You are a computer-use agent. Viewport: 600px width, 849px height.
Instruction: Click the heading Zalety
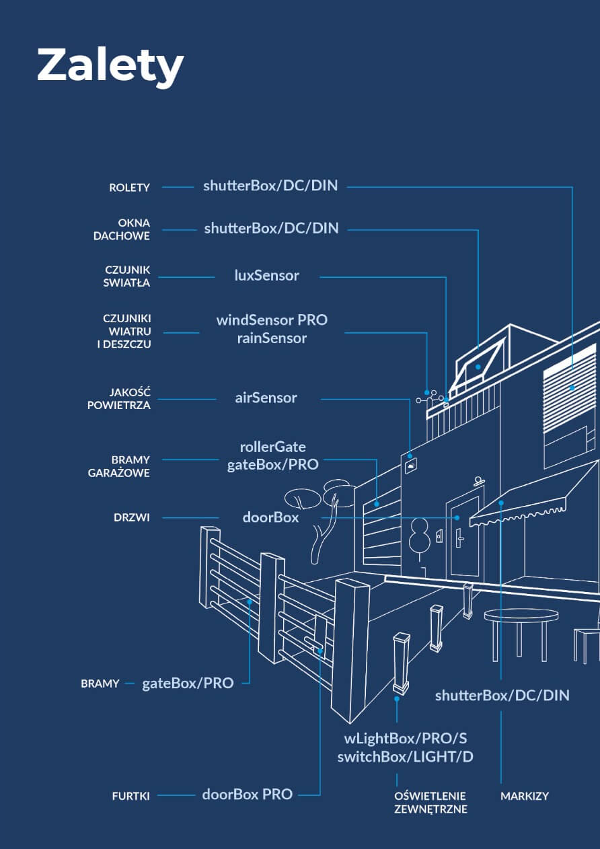click(x=110, y=65)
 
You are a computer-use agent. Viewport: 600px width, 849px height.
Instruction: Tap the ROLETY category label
click(x=129, y=188)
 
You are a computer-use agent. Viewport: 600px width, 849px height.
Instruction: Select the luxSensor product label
click(x=266, y=275)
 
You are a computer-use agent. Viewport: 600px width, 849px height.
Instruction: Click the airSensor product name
click(x=266, y=398)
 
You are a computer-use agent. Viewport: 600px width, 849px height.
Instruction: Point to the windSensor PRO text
click(x=272, y=320)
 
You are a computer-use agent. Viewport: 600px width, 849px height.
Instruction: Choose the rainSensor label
click(x=272, y=338)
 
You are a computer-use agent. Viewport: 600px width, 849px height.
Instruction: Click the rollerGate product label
click(x=272, y=447)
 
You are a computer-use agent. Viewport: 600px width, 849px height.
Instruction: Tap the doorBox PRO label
click(x=248, y=794)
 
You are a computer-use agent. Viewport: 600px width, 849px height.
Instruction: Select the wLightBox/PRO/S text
click(x=405, y=738)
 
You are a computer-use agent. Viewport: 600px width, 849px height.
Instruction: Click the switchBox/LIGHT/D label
click(x=405, y=757)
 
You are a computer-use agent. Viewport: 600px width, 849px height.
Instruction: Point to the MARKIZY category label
click(x=525, y=796)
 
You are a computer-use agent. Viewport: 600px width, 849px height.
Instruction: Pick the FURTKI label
click(x=130, y=796)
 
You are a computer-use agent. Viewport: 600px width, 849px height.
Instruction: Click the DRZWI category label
click(x=132, y=518)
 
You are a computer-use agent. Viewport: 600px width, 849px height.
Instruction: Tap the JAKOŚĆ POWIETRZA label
click(x=119, y=398)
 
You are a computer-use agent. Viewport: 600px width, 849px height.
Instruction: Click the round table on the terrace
click(x=521, y=616)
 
